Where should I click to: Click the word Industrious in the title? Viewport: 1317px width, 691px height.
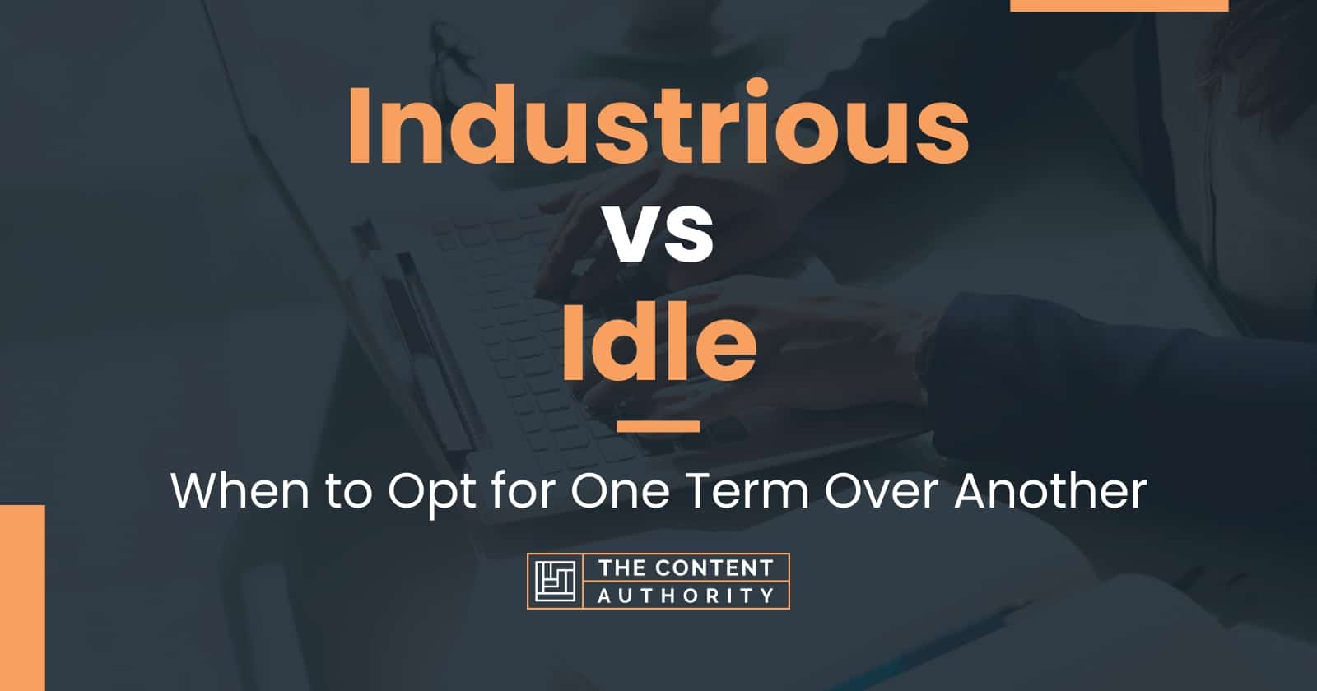(658, 124)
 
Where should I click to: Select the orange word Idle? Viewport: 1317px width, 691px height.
(659, 341)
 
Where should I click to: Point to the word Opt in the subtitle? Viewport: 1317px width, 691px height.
(432, 494)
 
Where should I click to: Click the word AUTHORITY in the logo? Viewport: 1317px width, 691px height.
(686, 596)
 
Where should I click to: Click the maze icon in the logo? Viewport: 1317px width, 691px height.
(555, 582)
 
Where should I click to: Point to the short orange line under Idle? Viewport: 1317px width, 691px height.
(658, 426)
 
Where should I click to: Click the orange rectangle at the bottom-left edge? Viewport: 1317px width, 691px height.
(22, 597)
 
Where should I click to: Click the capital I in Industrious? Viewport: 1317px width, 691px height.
(358, 124)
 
